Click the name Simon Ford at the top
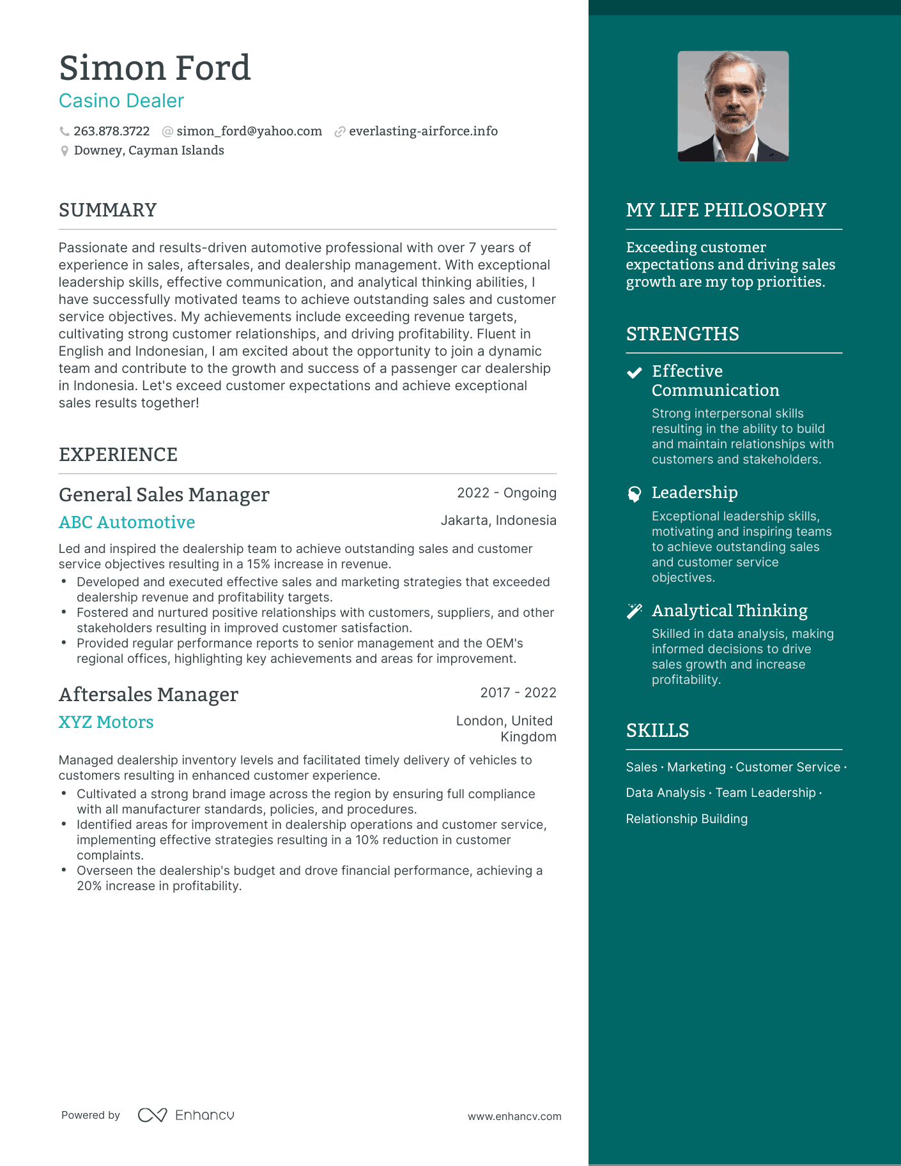point(155,68)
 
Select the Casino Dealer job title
point(121,101)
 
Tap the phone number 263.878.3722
point(111,131)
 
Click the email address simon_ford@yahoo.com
point(249,131)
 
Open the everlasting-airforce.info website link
point(423,131)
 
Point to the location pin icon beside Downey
point(65,151)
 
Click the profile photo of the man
point(733,106)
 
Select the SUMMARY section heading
point(107,210)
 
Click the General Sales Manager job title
point(164,495)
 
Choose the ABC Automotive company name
point(127,522)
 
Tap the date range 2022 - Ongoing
point(507,493)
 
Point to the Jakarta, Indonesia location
point(498,520)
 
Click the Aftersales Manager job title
point(148,695)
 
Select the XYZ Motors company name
point(106,722)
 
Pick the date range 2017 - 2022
point(518,693)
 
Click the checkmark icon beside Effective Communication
point(634,373)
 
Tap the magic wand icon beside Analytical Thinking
point(634,611)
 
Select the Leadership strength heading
point(695,492)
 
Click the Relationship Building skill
point(686,819)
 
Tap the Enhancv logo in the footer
point(186,1115)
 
